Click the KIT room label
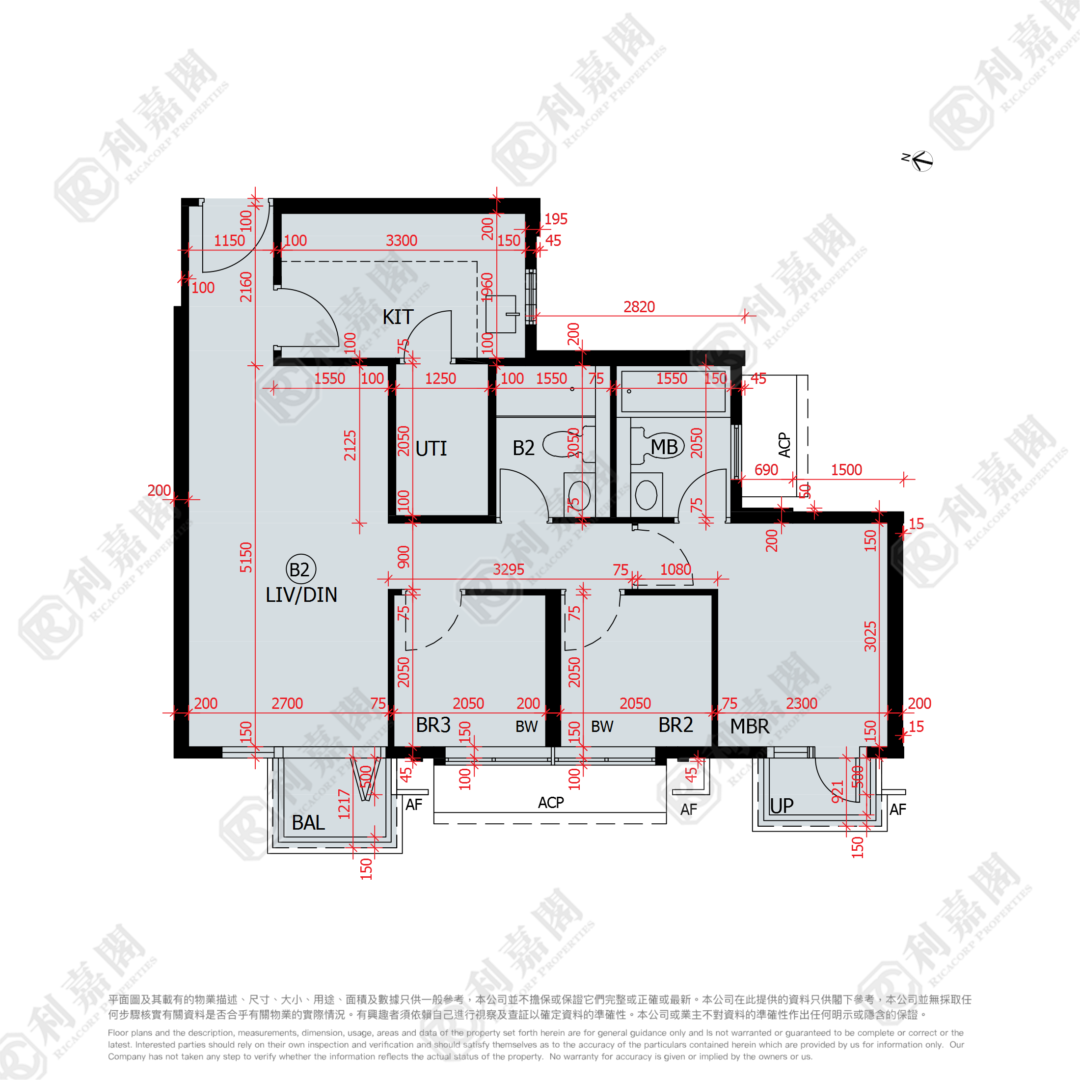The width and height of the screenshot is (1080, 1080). pyautogui.click(x=398, y=317)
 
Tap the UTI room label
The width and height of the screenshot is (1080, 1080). pyautogui.click(x=431, y=448)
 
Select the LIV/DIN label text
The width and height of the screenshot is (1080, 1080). pyautogui.click(x=301, y=595)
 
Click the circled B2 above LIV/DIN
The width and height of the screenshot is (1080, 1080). pyautogui.click(x=301, y=569)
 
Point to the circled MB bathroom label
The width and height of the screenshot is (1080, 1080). pyautogui.click(x=664, y=447)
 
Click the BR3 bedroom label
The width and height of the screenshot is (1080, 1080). pyautogui.click(x=433, y=725)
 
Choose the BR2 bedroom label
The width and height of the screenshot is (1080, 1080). pyautogui.click(x=675, y=725)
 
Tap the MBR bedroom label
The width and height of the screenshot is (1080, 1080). pyautogui.click(x=750, y=726)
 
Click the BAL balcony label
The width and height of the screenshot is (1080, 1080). pyautogui.click(x=308, y=822)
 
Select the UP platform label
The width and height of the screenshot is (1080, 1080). pyautogui.click(x=782, y=806)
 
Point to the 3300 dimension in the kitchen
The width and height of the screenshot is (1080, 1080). pyautogui.click(x=402, y=241)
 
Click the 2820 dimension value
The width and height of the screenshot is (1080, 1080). pyautogui.click(x=639, y=307)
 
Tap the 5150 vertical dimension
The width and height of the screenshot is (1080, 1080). pyautogui.click(x=246, y=557)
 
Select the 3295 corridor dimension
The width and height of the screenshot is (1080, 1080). pyautogui.click(x=508, y=569)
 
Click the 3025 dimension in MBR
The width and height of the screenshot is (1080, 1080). pyautogui.click(x=870, y=636)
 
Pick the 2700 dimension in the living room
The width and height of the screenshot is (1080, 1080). pyautogui.click(x=287, y=703)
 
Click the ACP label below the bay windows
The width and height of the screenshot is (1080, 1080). pyautogui.click(x=551, y=803)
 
